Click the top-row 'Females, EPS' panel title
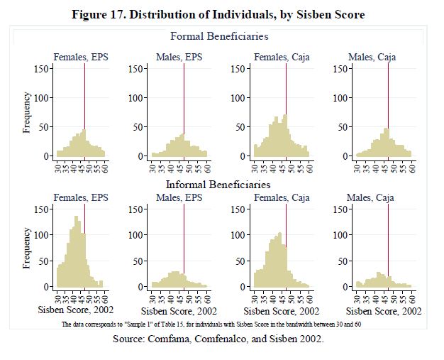click(x=80, y=57)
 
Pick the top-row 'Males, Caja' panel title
click(x=371, y=57)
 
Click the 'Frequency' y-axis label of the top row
click(x=27, y=112)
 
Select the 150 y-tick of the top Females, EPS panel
click(x=43, y=69)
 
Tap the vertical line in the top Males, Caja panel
click(x=389, y=107)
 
